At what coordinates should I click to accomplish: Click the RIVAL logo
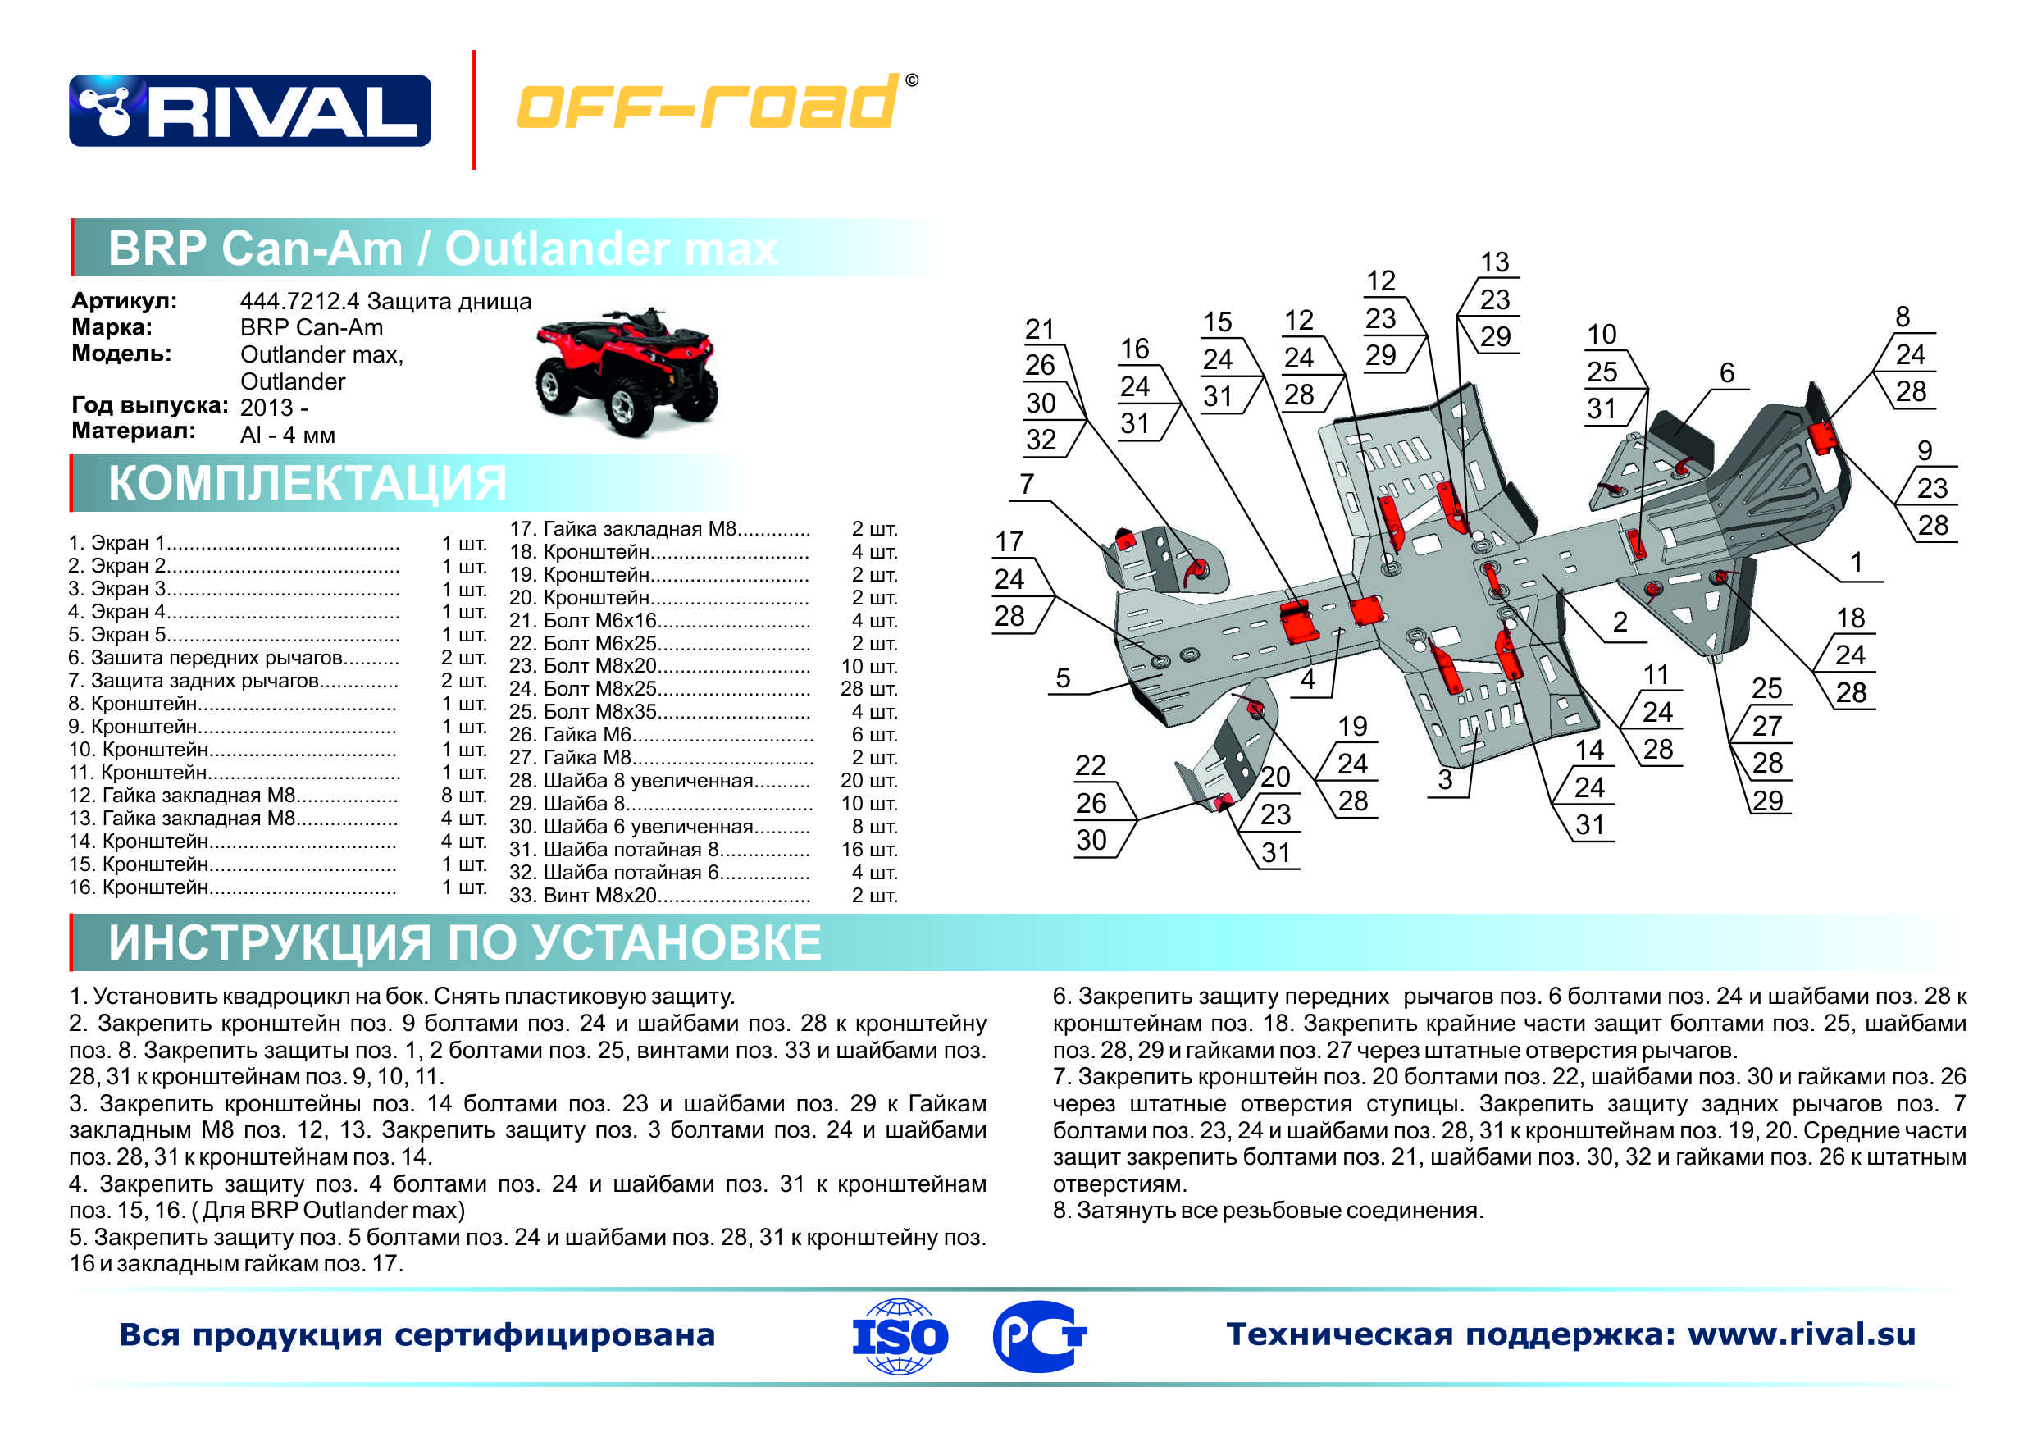(x=250, y=111)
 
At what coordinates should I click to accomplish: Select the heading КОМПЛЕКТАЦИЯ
(x=307, y=484)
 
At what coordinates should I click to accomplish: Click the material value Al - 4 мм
(x=288, y=435)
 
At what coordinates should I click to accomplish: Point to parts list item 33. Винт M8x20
(x=659, y=896)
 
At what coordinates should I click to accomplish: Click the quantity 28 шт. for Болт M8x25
(x=868, y=689)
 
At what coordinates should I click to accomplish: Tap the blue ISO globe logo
(x=900, y=1336)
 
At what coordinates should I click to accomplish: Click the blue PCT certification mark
(x=1039, y=1336)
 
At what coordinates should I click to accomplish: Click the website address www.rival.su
(x=1801, y=1334)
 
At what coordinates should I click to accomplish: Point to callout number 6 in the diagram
(x=1726, y=373)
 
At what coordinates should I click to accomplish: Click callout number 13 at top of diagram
(x=1495, y=262)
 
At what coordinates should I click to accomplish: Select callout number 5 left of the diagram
(x=1063, y=679)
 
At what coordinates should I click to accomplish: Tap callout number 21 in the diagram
(x=1040, y=329)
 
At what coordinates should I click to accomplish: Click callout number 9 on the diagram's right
(x=1925, y=451)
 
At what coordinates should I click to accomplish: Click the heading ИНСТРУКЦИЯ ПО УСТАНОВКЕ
(x=464, y=942)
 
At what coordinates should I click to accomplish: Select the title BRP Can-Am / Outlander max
(x=442, y=249)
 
